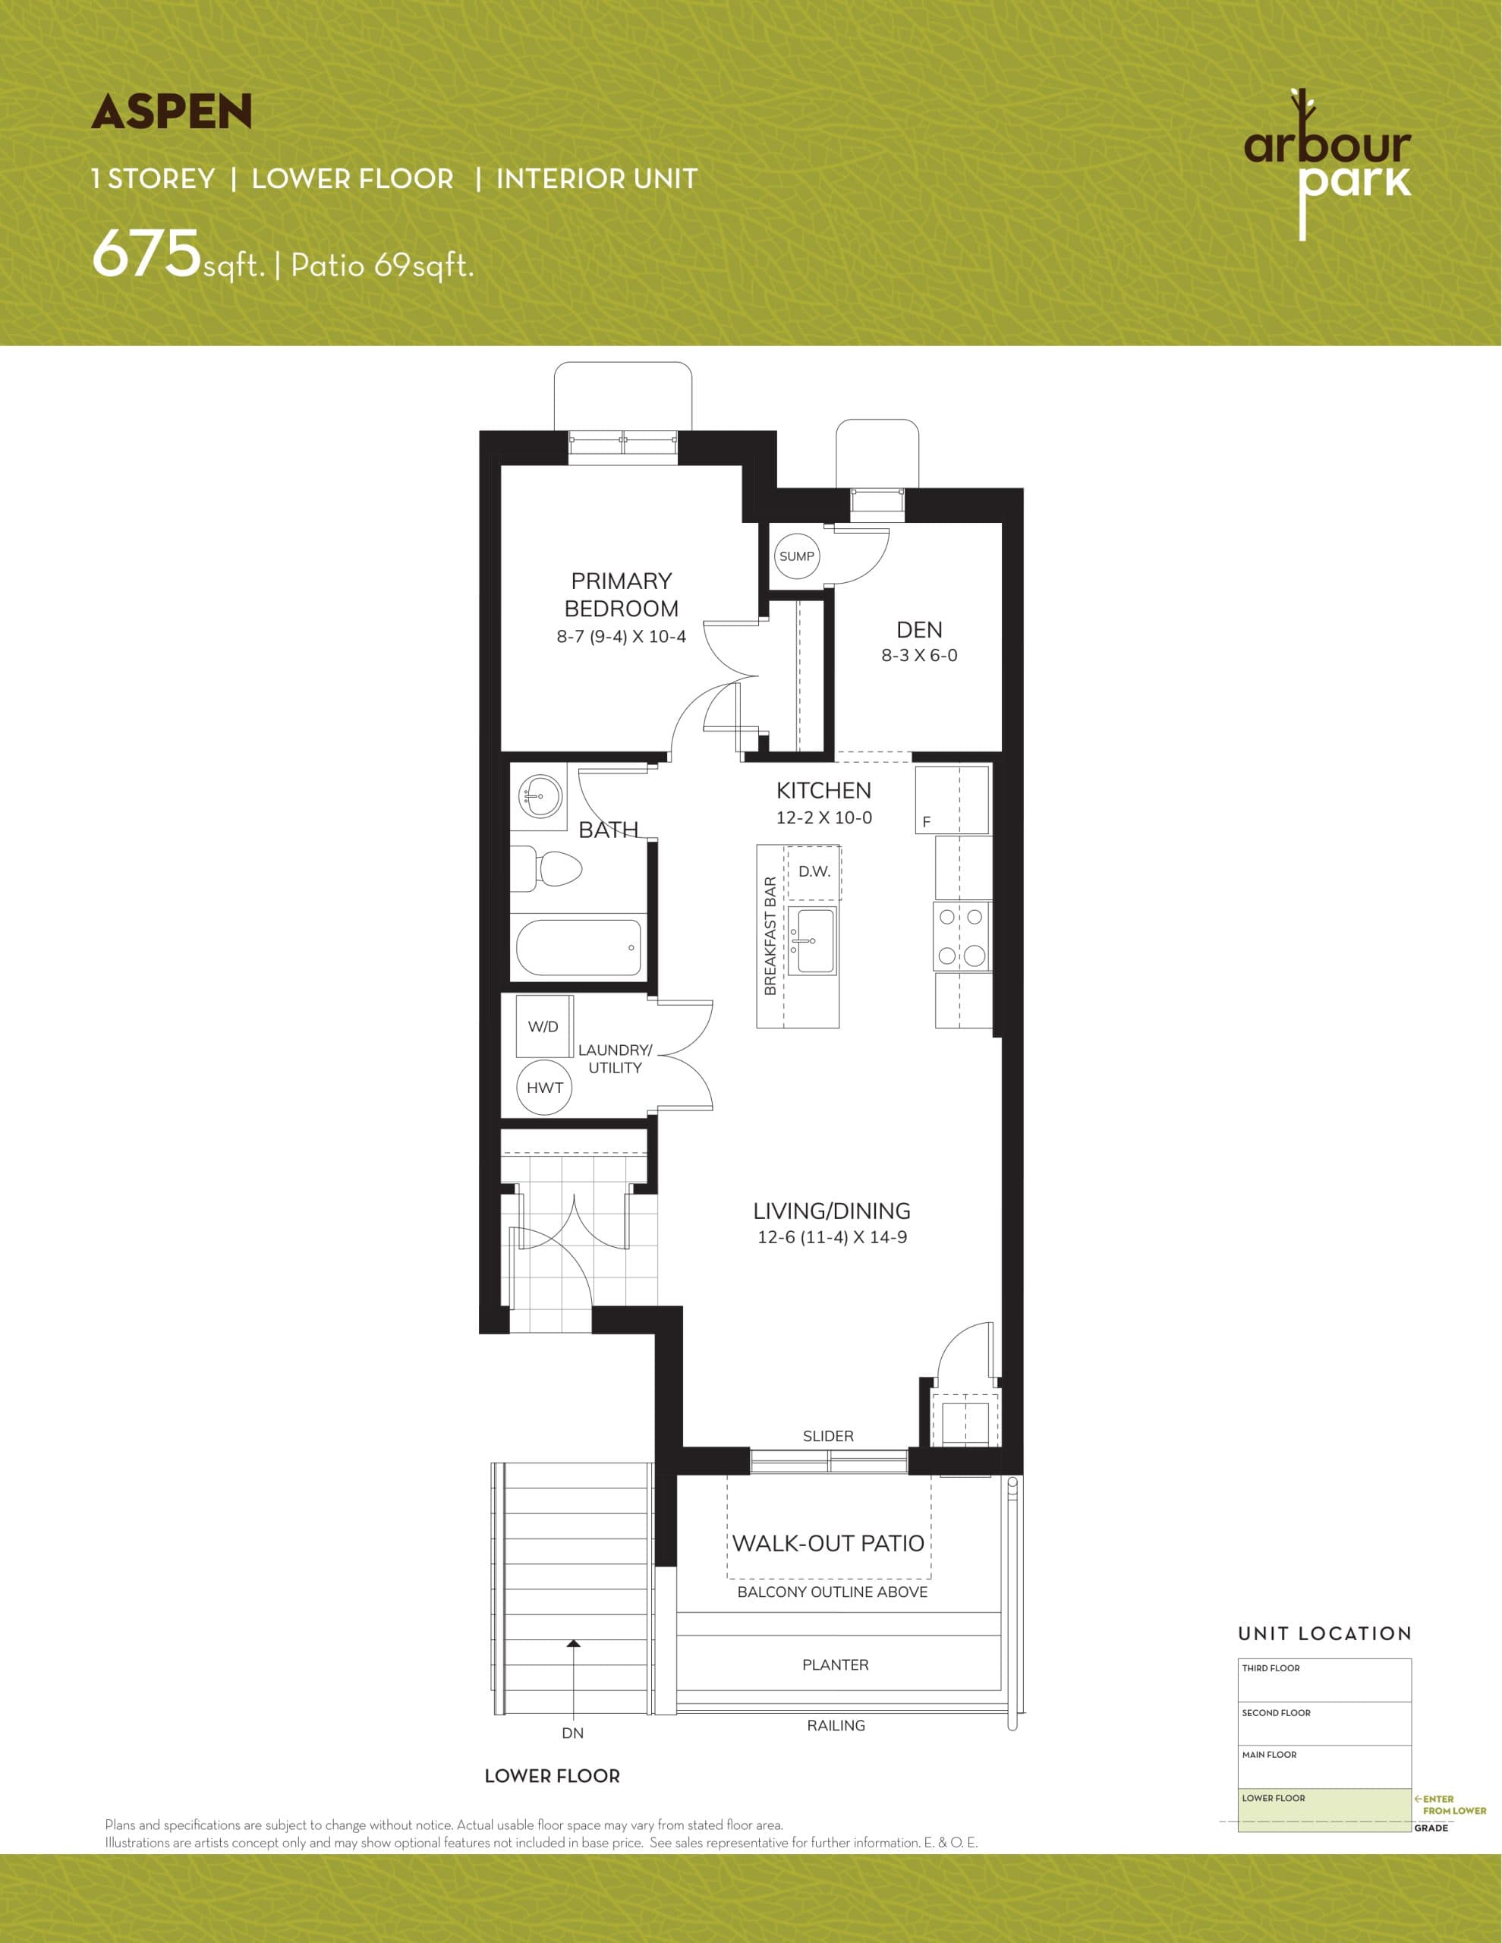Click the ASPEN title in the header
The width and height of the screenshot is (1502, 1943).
(172, 112)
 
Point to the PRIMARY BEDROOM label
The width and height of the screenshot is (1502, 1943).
(621, 594)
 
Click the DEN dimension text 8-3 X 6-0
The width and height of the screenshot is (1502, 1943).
(919, 656)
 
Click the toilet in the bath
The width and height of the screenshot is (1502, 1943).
(547, 868)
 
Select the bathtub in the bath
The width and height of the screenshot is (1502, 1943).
(578, 946)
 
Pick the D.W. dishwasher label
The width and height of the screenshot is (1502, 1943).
(814, 872)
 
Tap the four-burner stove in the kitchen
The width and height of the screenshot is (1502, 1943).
(962, 936)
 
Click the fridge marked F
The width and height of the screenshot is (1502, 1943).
(952, 800)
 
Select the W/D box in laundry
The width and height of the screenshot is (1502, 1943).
(543, 1027)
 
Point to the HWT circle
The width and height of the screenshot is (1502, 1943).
(545, 1087)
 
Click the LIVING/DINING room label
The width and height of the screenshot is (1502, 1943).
(831, 1211)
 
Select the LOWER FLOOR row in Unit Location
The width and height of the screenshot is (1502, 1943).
(1323, 1810)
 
